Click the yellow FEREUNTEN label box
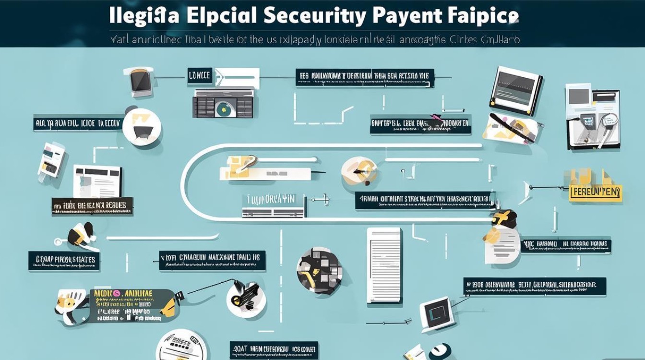point(595,193)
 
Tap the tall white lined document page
point(384,265)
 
